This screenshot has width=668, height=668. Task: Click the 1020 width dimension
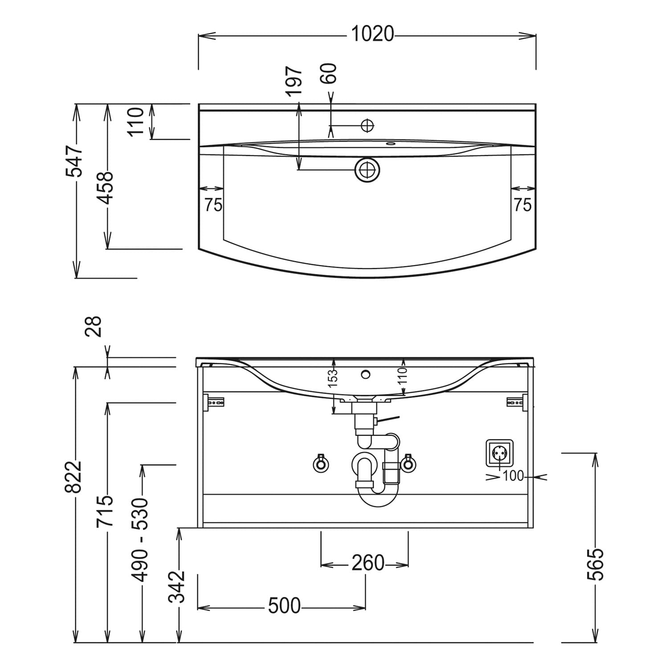[x=373, y=34]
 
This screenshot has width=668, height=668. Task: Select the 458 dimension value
[x=106, y=187]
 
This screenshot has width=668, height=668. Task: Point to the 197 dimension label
[x=294, y=81]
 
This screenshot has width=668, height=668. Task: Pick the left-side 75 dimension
[x=213, y=205]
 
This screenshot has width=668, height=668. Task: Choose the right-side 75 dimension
[x=522, y=205]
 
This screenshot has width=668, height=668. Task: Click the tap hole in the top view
[x=367, y=126]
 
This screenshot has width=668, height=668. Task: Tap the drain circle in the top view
[x=367, y=170]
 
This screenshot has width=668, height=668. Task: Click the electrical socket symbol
[x=499, y=452]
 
